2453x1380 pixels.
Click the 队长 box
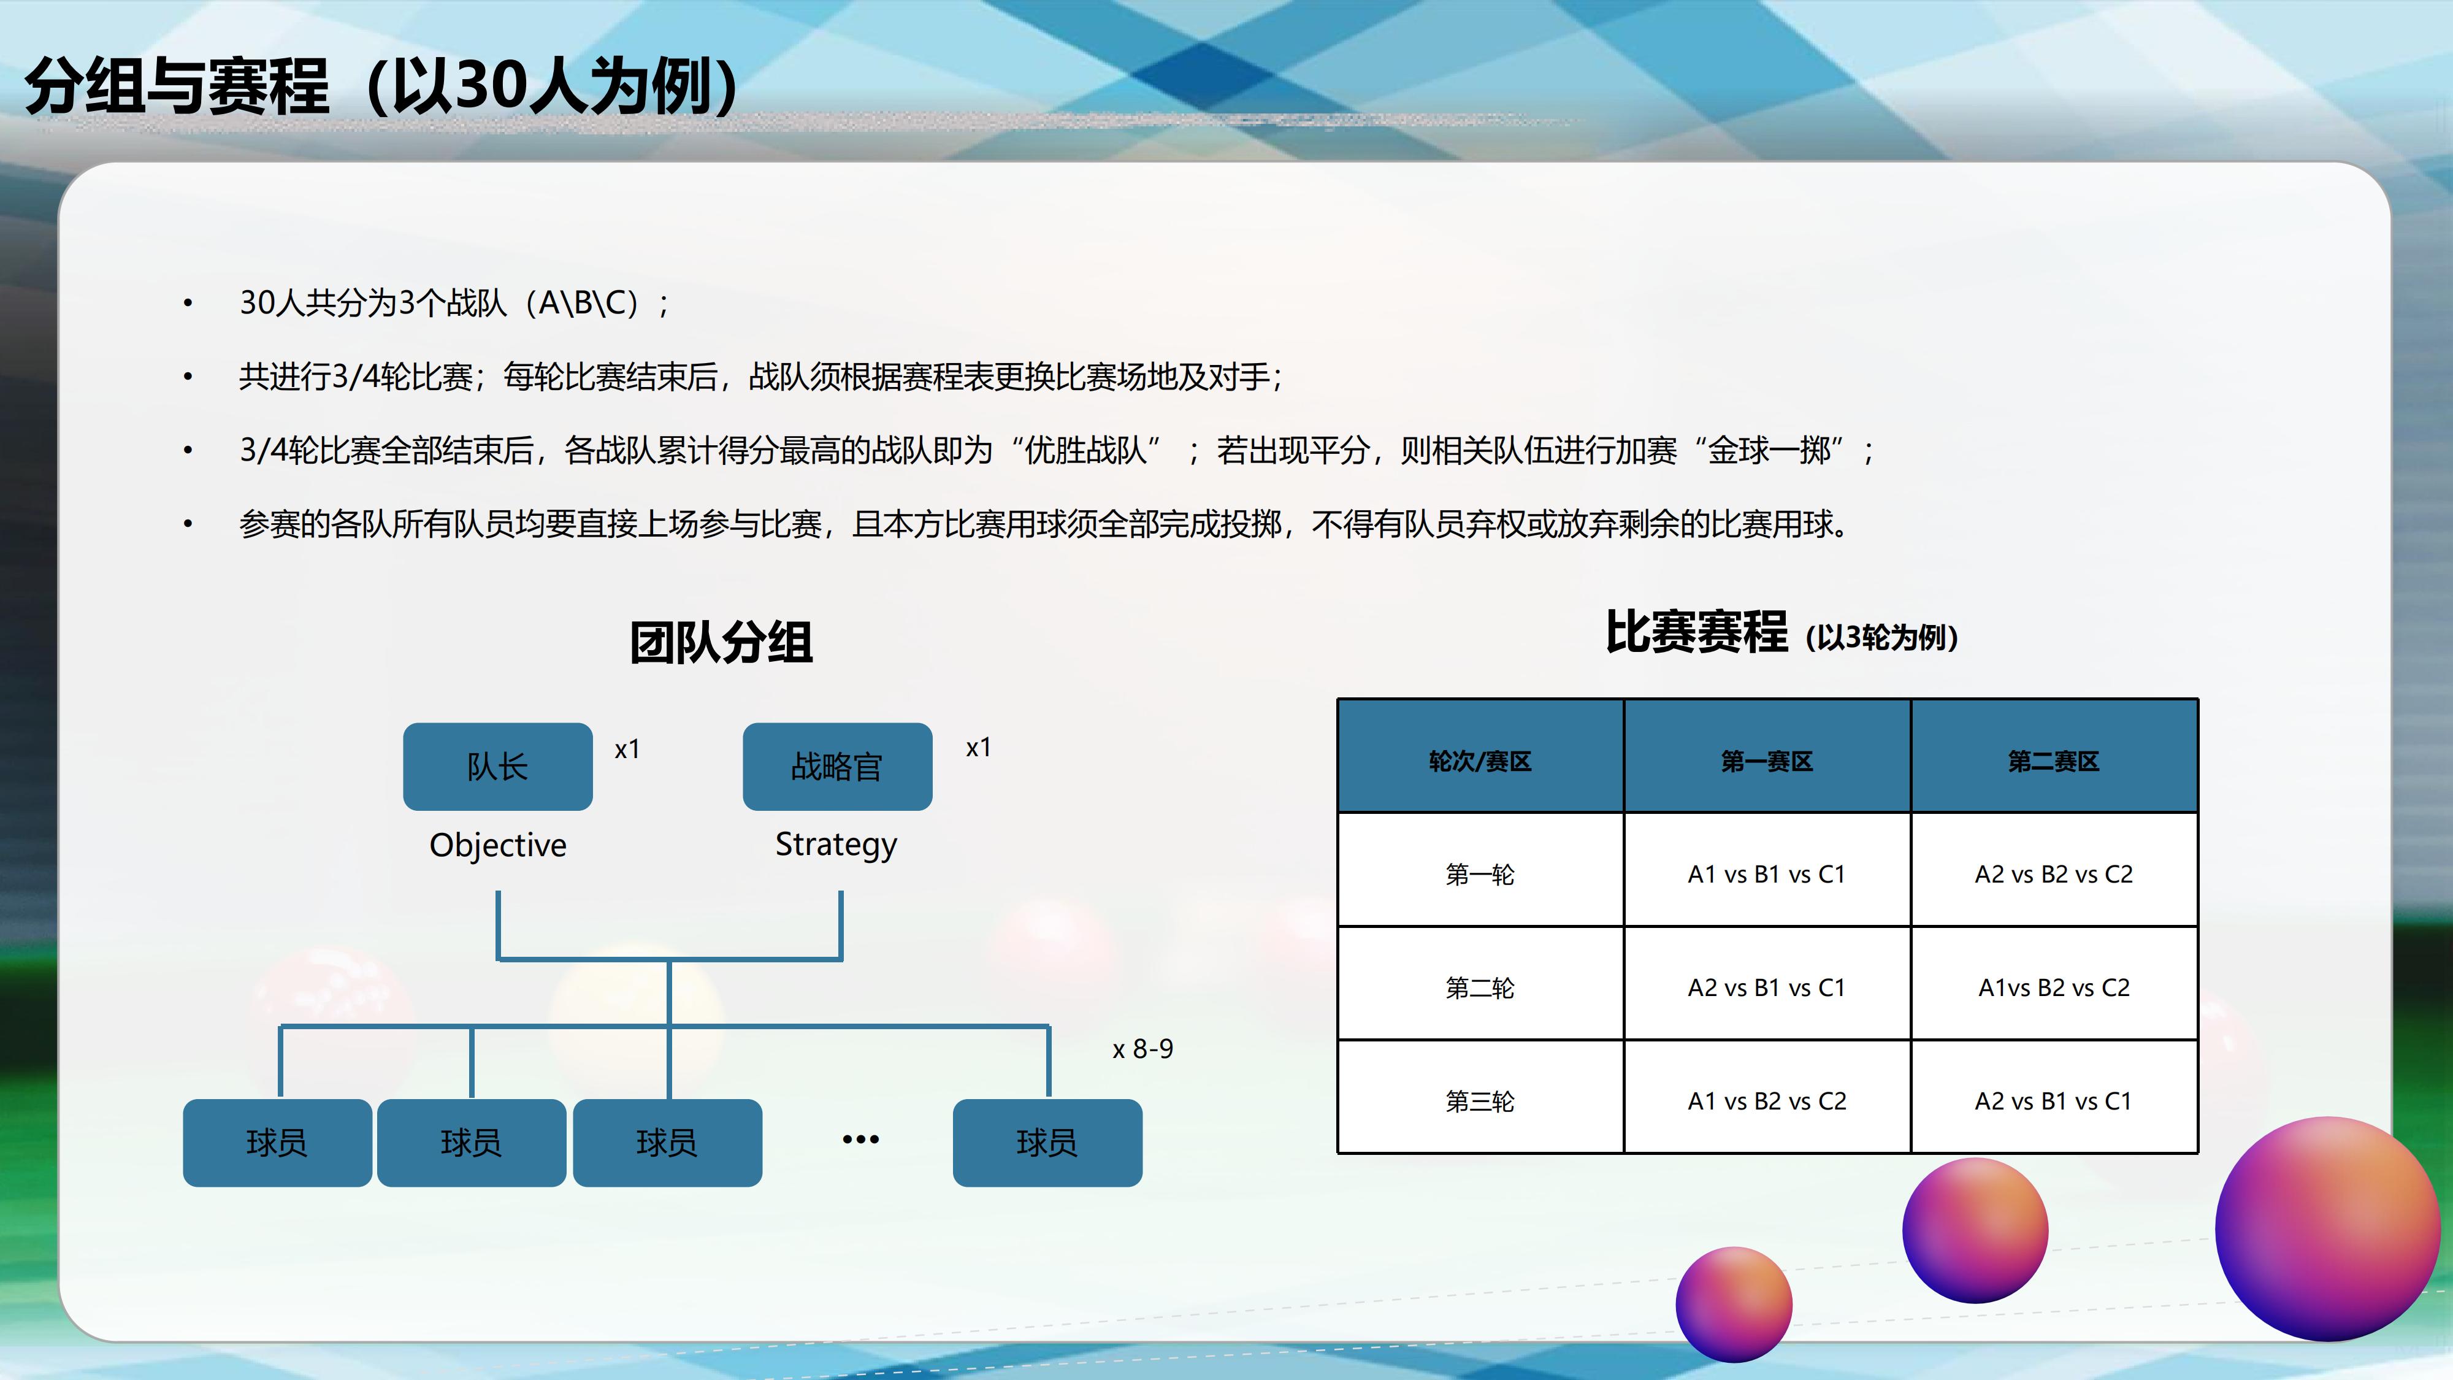tap(498, 767)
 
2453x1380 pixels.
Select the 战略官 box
tap(838, 767)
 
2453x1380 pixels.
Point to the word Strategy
tap(836, 845)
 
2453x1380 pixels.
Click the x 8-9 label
tap(1142, 1049)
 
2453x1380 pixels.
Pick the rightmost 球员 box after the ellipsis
tap(1047, 1143)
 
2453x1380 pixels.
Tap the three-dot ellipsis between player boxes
tap(861, 1139)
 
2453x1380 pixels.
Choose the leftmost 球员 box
tap(277, 1143)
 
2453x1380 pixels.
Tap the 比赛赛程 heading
tap(1696, 632)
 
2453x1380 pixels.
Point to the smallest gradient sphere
tap(1734, 1305)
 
